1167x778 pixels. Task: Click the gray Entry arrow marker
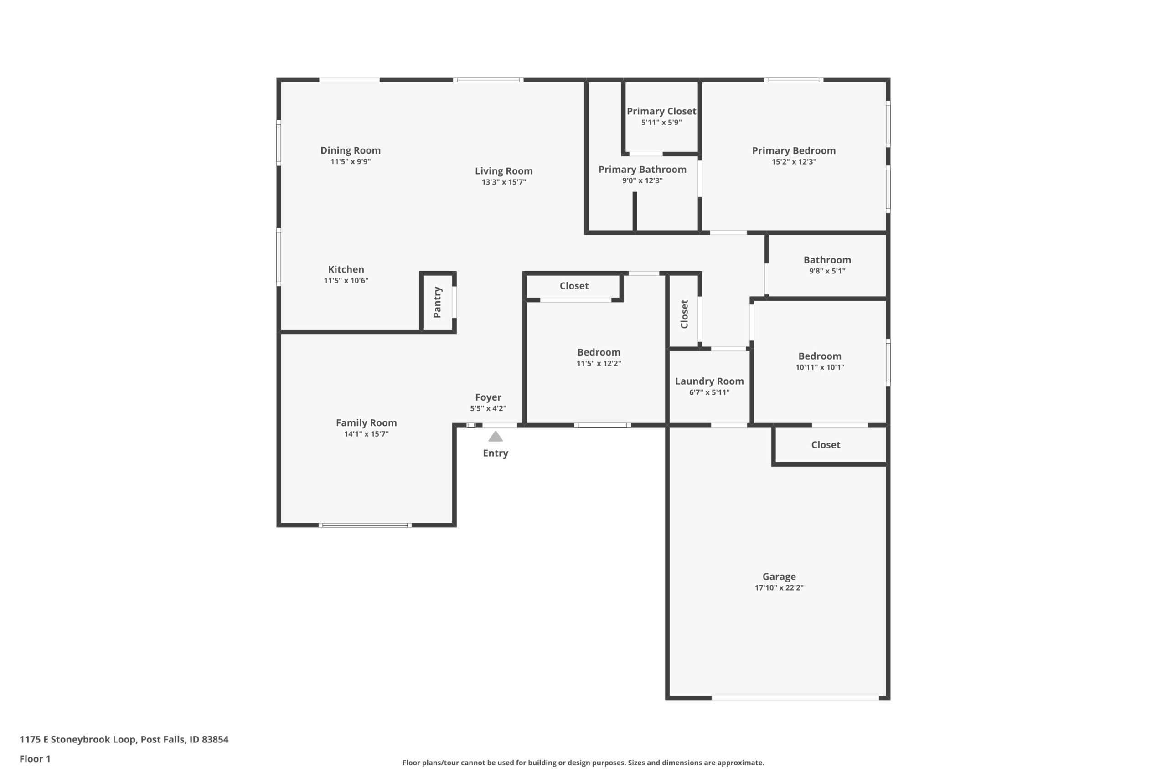pyautogui.click(x=495, y=437)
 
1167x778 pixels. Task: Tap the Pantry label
pyautogui.click(x=437, y=302)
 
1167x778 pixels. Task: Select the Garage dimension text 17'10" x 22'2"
pyautogui.click(x=779, y=588)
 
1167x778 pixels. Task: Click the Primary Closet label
pyautogui.click(x=661, y=112)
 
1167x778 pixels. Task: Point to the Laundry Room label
pyautogui.click(x=709, y=381)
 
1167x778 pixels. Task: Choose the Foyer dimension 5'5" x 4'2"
pyautogui.click(x=488, y=408)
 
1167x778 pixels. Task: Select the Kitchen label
pyautogui.click(x=346, y=269)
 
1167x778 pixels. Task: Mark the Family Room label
pyautogui.click(x=366, y=423)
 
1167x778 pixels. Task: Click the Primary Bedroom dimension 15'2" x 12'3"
pyautogui.click(x=794, y=162)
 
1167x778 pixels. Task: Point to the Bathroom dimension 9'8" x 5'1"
pyautogui.click(x=827, y=271)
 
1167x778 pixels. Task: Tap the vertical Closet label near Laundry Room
pyautogui.click(x=684, y=314)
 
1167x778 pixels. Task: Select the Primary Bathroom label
pyautogui.click(x=643, y=170)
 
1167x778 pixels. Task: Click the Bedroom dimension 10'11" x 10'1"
pyautogui.click(x=820, y=367)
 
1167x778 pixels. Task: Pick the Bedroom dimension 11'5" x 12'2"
pyautogui.click(x=599, y=363)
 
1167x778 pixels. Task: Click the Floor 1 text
pyautogui.click(x=35, y=759)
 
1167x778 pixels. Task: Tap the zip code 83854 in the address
pyautogui.click(x=215, y=739)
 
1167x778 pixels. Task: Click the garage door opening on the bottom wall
pyautogui.click(x=795, y=698)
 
